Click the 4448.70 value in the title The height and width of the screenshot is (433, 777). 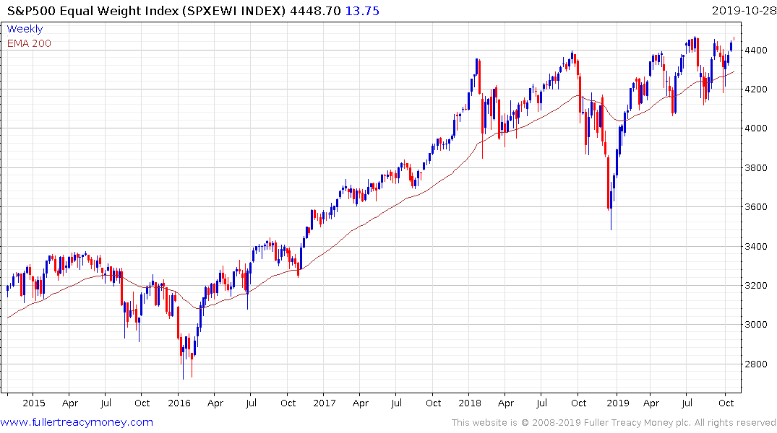[x=325, y=10]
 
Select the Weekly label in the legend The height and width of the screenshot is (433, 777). [x=25, y=29]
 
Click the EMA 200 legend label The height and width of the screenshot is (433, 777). [x=29, y=43]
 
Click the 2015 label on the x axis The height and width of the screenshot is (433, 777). [x=33, y=403]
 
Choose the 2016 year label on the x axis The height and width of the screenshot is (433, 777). [x=179, y=403]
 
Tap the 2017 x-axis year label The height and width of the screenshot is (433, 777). [x=325, y=403]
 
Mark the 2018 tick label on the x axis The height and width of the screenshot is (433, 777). [x=471, y=403]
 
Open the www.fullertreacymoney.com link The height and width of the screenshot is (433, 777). [x=77, y=422]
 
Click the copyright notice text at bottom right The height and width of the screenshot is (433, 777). [x=614, y=423]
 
